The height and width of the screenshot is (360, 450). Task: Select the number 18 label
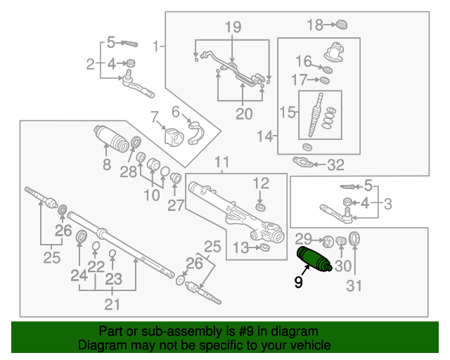316,25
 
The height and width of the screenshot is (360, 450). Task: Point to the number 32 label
336,166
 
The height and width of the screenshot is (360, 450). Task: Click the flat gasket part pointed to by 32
303,163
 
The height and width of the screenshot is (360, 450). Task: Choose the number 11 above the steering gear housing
222,163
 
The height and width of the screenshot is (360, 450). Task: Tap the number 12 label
261,183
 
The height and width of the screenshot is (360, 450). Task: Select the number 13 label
240,247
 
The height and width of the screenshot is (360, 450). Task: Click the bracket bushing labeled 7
172,136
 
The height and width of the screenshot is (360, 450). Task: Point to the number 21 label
112,304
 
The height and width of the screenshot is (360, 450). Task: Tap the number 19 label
233,27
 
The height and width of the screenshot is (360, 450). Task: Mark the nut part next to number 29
326,239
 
